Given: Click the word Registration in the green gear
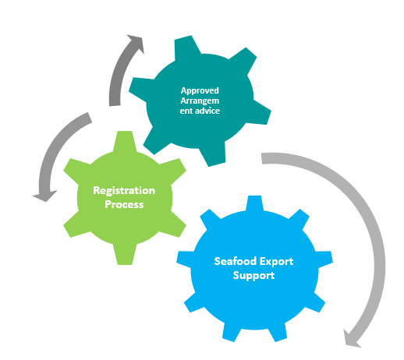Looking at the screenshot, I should (124, 190).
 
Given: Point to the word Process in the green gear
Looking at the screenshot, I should (124, 203).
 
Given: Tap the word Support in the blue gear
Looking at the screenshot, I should (253, 276).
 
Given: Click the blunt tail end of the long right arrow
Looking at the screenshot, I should (265, 159).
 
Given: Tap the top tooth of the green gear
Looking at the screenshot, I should (124, 141).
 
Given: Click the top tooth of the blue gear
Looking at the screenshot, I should (253, 205).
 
